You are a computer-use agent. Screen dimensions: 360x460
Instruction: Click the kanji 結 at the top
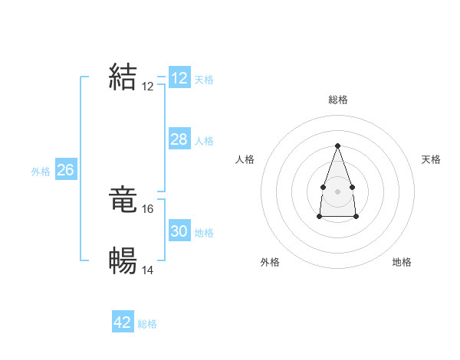(123, 77)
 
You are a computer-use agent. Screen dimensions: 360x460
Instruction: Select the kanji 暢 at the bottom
(123, 261)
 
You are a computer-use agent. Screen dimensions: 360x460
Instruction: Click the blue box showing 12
(179, 78)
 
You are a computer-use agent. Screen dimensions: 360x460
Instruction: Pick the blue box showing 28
(179, 139)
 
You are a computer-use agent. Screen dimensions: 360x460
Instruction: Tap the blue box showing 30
(179, 231)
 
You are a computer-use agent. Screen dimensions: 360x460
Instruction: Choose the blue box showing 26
(65, 170)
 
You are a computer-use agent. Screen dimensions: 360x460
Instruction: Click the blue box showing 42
(123, 322)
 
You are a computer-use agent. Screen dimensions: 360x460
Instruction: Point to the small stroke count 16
(148, 209)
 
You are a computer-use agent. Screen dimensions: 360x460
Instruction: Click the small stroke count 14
(148, 270)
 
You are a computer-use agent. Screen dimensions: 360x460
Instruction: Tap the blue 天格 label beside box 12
(204, 80)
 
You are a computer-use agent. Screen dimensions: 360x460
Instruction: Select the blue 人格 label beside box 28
(204, 141)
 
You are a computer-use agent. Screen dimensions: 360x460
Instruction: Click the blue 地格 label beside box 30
(204, 233)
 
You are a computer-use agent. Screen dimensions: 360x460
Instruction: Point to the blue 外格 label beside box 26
(41, 172)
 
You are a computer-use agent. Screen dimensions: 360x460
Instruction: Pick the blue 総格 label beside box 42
(147, 324)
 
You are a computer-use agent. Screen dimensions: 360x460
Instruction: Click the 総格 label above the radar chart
(337, 100)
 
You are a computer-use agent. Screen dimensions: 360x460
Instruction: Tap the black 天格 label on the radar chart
(431, 159)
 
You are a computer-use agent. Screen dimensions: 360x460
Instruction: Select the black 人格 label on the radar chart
(245, 159)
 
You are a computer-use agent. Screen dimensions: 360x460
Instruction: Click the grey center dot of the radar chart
(337, 190)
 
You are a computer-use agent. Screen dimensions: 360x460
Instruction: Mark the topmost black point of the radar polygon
(337, 146)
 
